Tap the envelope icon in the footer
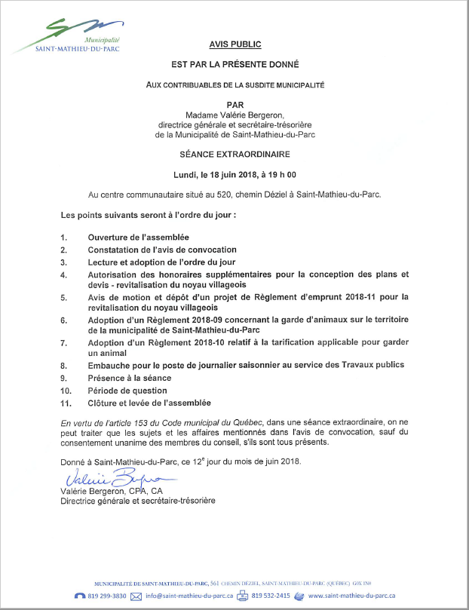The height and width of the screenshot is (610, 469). point(136,596)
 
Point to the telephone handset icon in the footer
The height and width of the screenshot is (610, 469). point(80,596)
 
